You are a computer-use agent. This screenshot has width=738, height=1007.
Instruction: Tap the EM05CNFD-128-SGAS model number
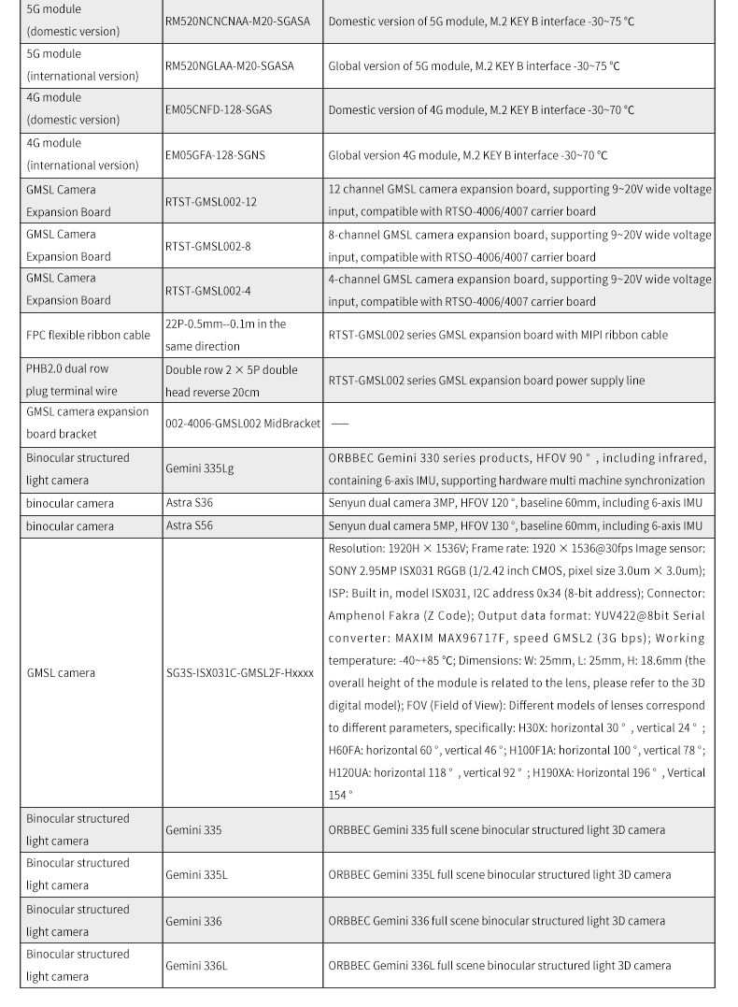pos(219,109)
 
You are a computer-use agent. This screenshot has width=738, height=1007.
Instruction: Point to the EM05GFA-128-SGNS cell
pos(215,154)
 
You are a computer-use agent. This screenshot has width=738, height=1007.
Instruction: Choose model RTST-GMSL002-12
pos(210,201)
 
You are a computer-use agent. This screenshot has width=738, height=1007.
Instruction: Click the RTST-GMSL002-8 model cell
pos(207,246)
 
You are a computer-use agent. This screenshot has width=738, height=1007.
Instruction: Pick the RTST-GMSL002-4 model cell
pos(207,291)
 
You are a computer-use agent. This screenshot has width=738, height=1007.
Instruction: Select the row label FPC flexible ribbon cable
pos(88,335)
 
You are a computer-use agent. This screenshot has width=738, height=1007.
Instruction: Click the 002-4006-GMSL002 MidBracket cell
pos(242,423)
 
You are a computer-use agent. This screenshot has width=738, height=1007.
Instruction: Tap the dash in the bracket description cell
pos(340,424)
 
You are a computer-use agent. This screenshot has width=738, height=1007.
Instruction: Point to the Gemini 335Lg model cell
pos(200,468)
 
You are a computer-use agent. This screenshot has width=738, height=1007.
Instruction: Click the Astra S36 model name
pos(190,503)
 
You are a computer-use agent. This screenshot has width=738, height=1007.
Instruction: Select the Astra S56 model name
pos(190,525)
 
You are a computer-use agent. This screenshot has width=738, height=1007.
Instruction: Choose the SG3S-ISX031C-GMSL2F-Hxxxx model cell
pos(239,672)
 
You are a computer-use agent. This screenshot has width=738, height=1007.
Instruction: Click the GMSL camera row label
pos(61,672)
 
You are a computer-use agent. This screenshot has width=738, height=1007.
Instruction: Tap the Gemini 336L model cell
pos(196,965)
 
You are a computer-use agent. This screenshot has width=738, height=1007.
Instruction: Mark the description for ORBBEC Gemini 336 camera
pos(496,920)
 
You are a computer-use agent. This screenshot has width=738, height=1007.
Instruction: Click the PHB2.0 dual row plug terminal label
pos(72,381)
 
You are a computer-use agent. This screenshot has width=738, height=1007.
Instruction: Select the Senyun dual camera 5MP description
pos(515,525)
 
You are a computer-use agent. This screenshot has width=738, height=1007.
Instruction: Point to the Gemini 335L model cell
pos(196,874)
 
